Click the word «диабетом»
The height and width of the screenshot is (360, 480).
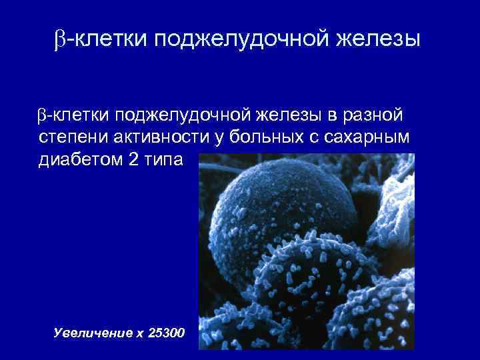(77, 161)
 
